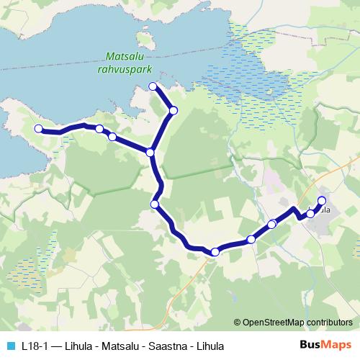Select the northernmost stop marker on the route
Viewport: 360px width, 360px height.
point(153,87)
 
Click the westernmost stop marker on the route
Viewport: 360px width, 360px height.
point(38,129)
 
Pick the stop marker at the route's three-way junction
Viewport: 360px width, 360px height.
point(150,153)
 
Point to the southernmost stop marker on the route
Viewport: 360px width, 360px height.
point(215,251)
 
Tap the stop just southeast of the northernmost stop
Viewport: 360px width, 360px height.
point(174,110)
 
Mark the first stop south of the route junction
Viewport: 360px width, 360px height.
point(154,204)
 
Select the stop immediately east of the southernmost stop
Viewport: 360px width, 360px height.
point(251,239)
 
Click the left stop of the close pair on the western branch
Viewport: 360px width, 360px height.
point(99,129)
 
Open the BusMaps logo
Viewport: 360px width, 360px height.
point(324,345)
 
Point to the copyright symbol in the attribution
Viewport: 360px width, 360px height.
point(238,323)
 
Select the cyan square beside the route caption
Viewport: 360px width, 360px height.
point(9,346)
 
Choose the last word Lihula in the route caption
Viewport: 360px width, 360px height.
point(210,346)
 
